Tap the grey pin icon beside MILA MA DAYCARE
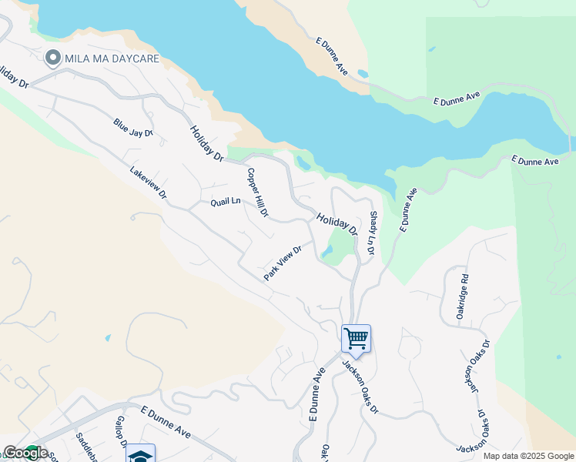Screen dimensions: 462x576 [53, 58]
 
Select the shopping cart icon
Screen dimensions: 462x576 [356, 337]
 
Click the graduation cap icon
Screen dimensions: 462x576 [140, 454]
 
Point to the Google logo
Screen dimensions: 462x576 [25, 453]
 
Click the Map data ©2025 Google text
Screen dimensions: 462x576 [527, 456]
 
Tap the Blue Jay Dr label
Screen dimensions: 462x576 [133, 128]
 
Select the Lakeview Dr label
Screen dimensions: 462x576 [148, 183]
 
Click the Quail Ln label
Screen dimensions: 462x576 [226, 202]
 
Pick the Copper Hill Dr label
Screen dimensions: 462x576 [257, 192]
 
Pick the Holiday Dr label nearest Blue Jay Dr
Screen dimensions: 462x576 [206, 143]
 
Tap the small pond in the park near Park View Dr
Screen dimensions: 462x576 [328, 252]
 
